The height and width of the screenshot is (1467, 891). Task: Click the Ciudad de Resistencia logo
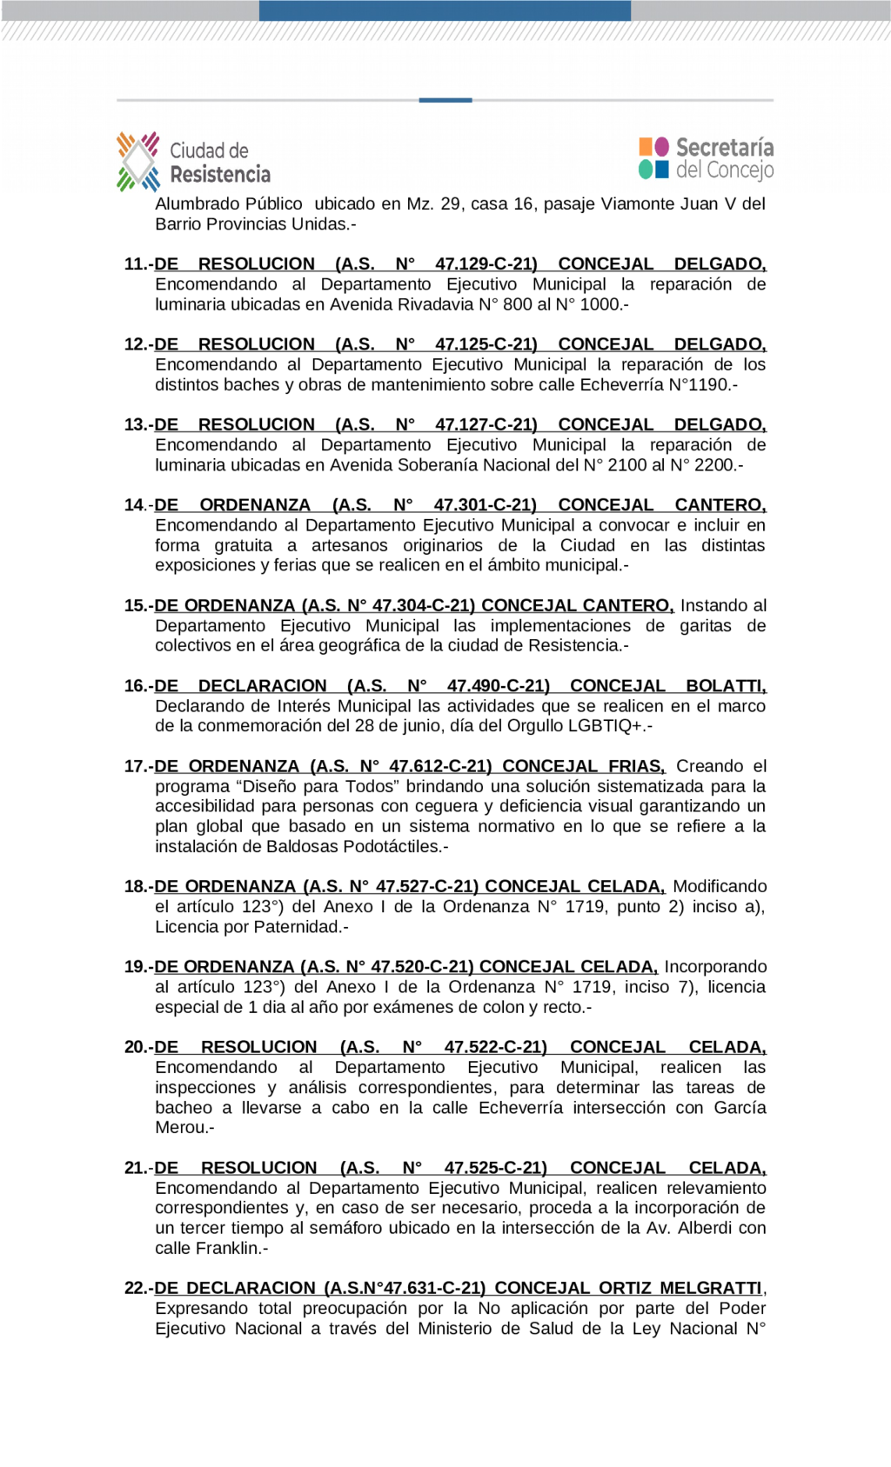pos(194,162)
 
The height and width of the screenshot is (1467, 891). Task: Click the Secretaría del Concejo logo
pos(706,158)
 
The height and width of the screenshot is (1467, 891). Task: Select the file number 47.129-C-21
pos(486,264)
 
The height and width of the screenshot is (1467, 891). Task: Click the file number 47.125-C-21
pos(486,344)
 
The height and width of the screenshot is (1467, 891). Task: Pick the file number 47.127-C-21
pos(486,424)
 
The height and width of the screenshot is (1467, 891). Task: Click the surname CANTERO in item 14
pos(720,505)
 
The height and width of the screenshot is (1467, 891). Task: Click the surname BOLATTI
pos(725,686)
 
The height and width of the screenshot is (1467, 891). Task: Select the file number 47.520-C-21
pos(422,967)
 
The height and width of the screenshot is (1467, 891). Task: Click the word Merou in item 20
pos(181,1128)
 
